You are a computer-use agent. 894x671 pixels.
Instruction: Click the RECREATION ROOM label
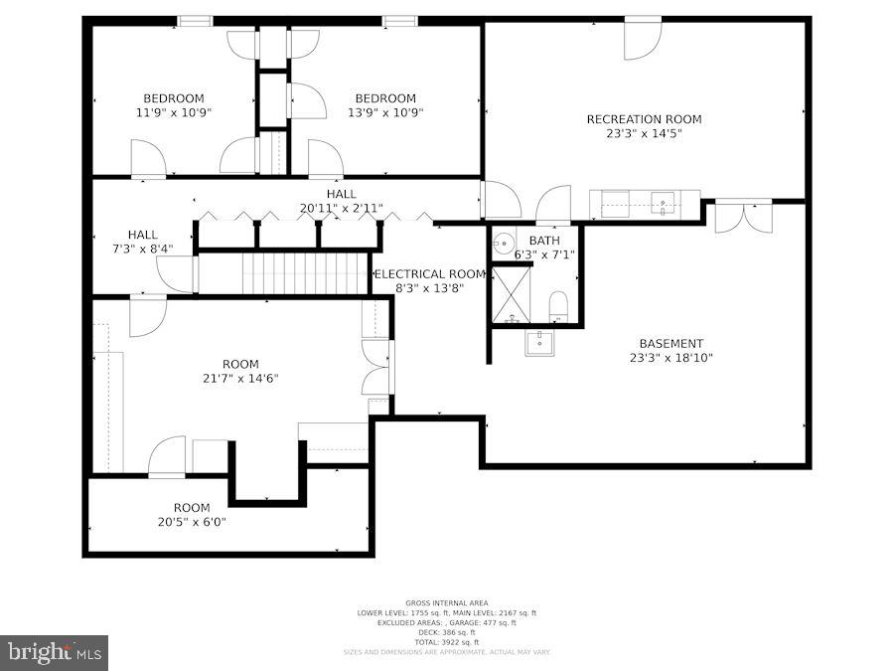click(643, 119)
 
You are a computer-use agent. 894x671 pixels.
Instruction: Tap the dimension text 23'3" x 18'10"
click(670, 358)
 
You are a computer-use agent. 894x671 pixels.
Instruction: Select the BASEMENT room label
click(670, 344)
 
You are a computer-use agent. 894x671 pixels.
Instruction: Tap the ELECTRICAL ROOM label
click(429, 274)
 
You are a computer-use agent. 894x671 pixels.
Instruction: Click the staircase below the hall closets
click(305, 273)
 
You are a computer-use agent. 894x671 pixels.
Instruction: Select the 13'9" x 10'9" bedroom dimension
click(385, 112)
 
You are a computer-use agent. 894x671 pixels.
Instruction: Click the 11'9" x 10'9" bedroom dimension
click(174, 112)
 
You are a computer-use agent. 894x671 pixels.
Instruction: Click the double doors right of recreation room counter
click(743, 217)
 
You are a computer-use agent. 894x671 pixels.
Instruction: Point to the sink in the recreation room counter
click(663, 202)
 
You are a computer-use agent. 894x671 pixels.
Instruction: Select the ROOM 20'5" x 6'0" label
click(192, 508)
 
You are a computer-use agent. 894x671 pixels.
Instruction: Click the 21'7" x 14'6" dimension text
click(240, 379)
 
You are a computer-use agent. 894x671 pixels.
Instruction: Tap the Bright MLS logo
click(55, 653)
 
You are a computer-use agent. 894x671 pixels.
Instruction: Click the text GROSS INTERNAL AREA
click(446, 603)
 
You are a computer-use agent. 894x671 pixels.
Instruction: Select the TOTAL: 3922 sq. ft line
click(446, 643)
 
